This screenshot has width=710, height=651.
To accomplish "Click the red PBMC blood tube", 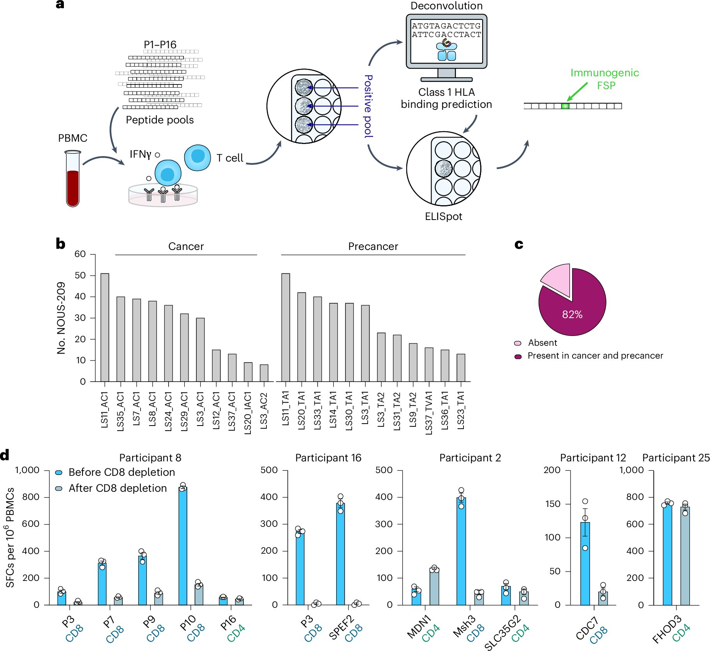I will pyautogui.click(x=73, y=183).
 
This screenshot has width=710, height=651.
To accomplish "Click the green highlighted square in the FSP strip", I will pyautogui.click(x=565, y=106).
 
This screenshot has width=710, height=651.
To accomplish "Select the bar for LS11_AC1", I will pyautogui.click(x=105, y=327).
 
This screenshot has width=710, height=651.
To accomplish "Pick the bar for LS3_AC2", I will pyautogui.click(x=264, y=373).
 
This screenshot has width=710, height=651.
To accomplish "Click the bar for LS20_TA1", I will pyautogui.click(x=301, y=336).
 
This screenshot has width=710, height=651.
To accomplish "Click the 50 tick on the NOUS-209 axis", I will pyautogui.click(x=80, y=275).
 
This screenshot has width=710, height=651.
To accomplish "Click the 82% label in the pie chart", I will pyautogui.click(x=572, y=315).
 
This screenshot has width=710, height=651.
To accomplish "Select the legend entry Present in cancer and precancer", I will pyautogui.click(x=595, y=355).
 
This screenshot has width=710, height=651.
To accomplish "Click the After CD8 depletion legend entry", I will pyautogui.click(x=117, y=488).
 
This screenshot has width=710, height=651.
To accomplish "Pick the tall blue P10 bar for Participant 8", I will pyautogui.click(x=183, y=545).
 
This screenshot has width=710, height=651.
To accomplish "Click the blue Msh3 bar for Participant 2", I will pyautogui.click(x=461, y=551).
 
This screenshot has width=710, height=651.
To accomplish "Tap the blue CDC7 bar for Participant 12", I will pyautogui.click(x=585, y=563).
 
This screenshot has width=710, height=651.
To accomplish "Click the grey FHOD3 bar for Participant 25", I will pyautogui.click(x=685, y=556).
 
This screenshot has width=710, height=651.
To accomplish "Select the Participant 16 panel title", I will pyautogui.click(x=328, y=458).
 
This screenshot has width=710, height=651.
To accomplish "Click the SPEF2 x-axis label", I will pyautogui.click(x=341, y=627).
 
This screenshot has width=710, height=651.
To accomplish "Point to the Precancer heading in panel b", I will pyautogui.click(x=373, y=246).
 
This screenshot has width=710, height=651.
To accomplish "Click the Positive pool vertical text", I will pyautogui.click(x=368, y=106).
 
